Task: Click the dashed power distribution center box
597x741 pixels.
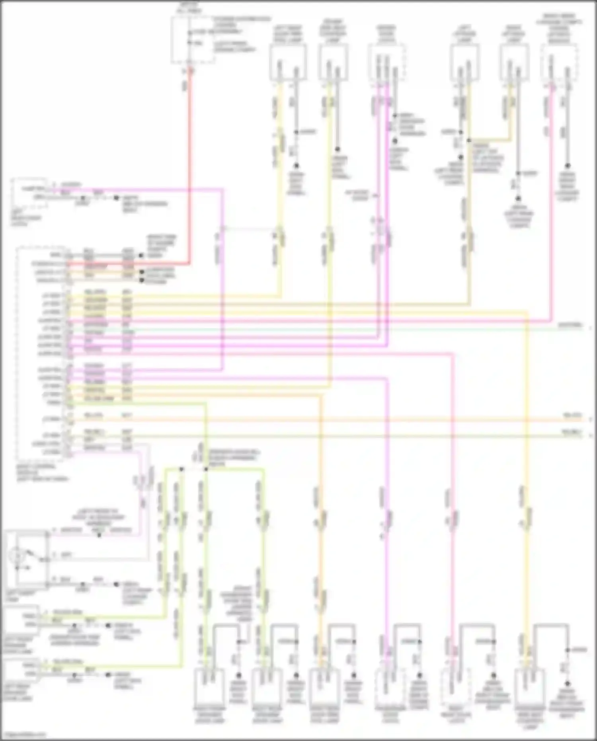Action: pyautogui.click(x=193, y=40)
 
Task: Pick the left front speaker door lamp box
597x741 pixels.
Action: pyautogui.click(x=21, y=620)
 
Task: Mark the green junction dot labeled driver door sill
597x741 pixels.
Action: pyautogui.click(x=206, y=469)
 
